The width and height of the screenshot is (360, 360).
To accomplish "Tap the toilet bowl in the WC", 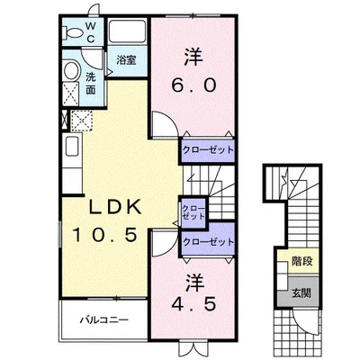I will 72,33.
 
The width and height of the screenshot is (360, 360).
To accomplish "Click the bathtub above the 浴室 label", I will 126,35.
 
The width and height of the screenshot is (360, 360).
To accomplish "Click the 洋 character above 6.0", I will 191,56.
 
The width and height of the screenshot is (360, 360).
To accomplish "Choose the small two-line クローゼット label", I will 193,212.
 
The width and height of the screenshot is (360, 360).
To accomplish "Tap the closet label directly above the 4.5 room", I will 207,242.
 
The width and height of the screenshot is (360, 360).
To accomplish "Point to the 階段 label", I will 303,262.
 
